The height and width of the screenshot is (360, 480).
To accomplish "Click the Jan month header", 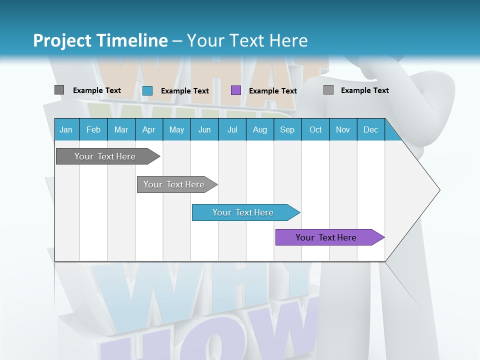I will [x=66, y=130].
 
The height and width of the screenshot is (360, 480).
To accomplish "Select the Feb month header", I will [x=93, y=130].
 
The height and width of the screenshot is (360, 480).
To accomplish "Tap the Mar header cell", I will [x=121, y=130].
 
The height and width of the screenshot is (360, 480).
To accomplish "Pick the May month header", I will [x=176, y=130].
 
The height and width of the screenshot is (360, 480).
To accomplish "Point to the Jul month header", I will [x=232, y=130].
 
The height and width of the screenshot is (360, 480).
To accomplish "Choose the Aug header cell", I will [x=260, y=130].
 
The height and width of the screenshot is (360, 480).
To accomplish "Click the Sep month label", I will [x=287, y=130].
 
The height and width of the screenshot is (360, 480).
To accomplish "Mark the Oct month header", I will [x=315, y=130].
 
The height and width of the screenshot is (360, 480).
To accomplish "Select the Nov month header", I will [x=343, y=130].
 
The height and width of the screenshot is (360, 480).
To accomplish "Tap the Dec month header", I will [x=371, y=130].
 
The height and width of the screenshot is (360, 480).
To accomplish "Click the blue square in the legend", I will [x=147, y=90].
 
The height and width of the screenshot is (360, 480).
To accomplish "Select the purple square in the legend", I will [x=236, y=90].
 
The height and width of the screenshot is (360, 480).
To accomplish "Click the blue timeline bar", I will [x=245, y=212].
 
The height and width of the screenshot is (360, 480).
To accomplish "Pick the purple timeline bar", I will [x=328, y=237].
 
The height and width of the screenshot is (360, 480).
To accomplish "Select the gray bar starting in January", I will [x=106, y=156].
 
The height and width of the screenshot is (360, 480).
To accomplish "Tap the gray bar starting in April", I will [x=176, y=184].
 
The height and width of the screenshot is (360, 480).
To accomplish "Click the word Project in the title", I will [x=62, y=40].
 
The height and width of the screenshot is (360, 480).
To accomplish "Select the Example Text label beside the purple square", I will [x=273, y=91].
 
